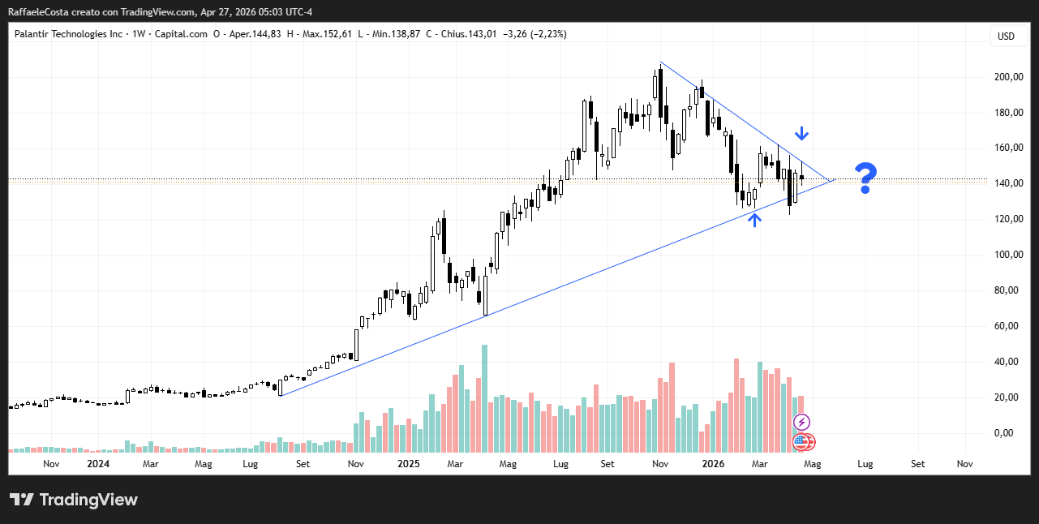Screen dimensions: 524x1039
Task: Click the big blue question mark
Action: pyautogui.click(x=866, y=178)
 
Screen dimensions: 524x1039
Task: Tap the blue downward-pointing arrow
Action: pyautogui.click(x=801, y=133)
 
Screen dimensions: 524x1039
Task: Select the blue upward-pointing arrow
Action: pyautogui.click(x=754, y=219)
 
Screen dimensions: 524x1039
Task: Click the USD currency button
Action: pyautogui.click(x=1006, y=36)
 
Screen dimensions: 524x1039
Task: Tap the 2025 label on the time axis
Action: pyautogui.click(x=409, y=464)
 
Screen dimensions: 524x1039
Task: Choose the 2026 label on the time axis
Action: pyautogui.click(x=713, y=464)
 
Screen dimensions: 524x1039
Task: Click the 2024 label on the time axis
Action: pyautogui.click(x=98, y=464)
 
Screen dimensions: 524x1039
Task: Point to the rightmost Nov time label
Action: pyautogui.click(x=964, y=464)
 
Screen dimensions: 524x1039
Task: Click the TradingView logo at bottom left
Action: pyautogui.click(x=73, y=500)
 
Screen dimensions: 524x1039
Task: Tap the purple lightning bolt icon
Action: pyautogui.click(x=801, y=422)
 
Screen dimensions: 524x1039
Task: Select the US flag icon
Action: pyautogui.click(x=801, y=442)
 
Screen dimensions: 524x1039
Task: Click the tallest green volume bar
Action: pyautogui.click(x=485, y=397)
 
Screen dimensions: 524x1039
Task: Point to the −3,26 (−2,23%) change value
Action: pyautogui.click(x=535, y=34)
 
